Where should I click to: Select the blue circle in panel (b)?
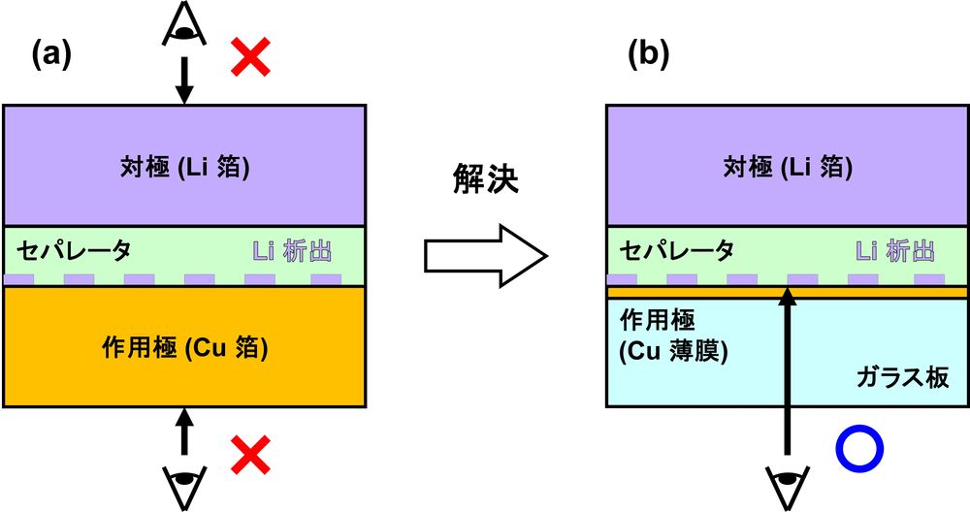859,449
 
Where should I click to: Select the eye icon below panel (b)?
789,481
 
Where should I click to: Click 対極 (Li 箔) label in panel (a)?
184,168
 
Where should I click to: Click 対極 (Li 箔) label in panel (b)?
787,168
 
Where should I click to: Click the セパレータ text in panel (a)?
73,251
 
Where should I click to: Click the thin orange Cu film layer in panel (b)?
679,292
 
